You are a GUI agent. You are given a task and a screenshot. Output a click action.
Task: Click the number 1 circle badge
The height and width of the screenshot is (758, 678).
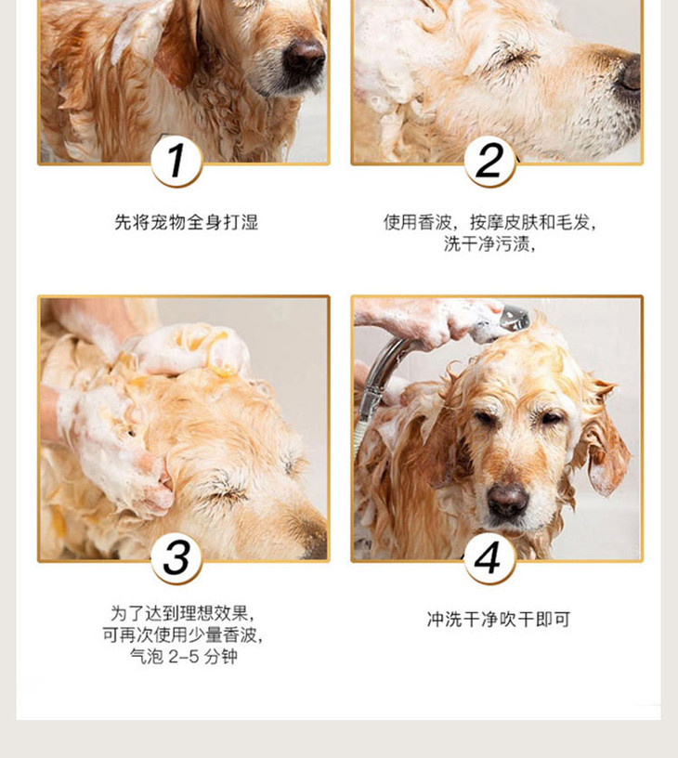pyautogui.click(x=176, y=162)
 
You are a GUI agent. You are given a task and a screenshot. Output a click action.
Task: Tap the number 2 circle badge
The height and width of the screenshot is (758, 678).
pyautogui.click(x=489, y=162)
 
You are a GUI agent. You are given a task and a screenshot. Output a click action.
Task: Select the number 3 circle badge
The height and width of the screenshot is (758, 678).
pyautogui.click(x=176, y=558)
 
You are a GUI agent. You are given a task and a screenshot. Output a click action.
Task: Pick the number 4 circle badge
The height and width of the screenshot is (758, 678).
pyautogui.click(x=489, y=558)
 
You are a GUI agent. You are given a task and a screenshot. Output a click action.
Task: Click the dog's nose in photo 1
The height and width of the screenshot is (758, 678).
pyautogui.click(x=304, y=58)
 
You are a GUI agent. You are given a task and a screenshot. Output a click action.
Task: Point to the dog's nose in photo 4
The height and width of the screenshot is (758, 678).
pyautogui.click(x=507, y=501)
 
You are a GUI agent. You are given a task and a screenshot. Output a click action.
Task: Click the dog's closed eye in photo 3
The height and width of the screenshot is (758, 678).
pyautogui.click(x=228, y=490)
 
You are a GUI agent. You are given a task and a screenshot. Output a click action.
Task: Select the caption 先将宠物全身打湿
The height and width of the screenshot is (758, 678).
pyautogui.click(x=186, y=222)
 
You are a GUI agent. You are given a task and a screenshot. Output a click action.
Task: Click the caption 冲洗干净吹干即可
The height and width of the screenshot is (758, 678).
pyautogui.click(x=498, y=620)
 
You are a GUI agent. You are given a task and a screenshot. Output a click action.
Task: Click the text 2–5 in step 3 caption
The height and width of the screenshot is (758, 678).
pyautogui.click(x=183, y=657)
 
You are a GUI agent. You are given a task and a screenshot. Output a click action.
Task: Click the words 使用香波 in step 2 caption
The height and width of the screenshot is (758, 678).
pyautogui.click(x=418, y=222)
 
